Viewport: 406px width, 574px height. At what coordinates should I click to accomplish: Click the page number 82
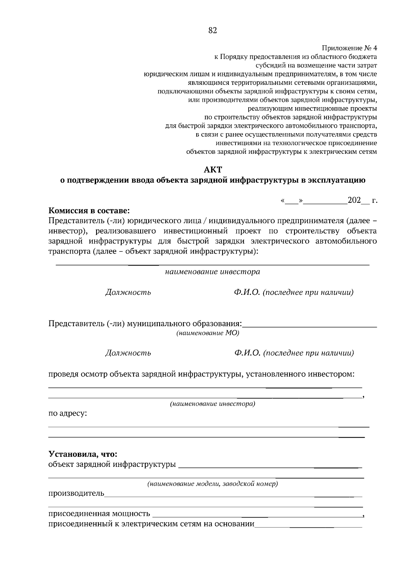coord(213,31)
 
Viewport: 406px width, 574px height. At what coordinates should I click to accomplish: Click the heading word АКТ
coord(213,169)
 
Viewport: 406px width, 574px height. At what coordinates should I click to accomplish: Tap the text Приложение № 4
coord(349,48)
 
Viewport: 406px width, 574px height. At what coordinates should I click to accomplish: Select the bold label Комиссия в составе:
coord(89,211)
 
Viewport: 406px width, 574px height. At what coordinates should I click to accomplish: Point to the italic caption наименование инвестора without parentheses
coord(212,272)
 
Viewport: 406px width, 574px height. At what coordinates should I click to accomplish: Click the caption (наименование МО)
coord(207,333)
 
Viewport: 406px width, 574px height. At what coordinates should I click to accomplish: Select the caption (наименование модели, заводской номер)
coord(212,484)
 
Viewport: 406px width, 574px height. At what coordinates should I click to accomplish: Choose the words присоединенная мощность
coord(99,514)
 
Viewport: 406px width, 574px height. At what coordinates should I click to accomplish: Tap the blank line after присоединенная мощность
coord(257,516)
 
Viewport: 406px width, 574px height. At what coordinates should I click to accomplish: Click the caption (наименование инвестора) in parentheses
coord(212,404)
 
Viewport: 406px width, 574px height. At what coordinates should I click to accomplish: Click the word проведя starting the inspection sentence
coord(62,374)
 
